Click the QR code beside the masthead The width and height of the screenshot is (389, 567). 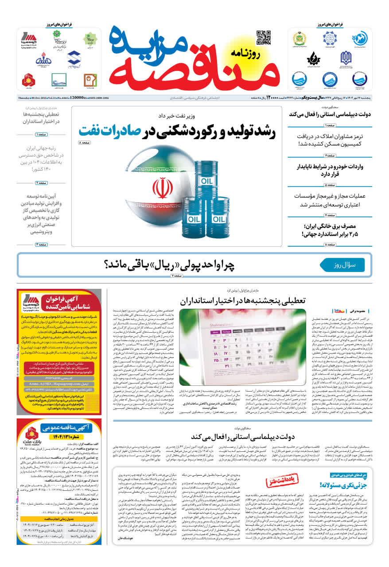[x=263, y=38]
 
